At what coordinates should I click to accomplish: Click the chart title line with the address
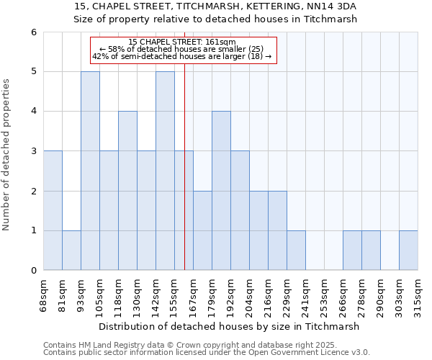pos(215,6)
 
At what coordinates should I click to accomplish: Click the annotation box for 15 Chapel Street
pos(183,50)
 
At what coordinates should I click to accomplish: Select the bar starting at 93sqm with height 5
pos(90,171)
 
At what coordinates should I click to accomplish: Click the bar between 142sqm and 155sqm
pos(165,171)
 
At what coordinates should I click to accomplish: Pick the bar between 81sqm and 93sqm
pos(71,250)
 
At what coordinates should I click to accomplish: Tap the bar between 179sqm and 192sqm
pos(221,191)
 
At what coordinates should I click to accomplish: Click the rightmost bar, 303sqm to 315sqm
pos(408,250)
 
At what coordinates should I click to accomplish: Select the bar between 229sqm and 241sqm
pos(296,250)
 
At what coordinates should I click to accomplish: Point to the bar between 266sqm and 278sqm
pos(352,250)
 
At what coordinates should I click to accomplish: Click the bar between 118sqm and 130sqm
pos(127,191)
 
